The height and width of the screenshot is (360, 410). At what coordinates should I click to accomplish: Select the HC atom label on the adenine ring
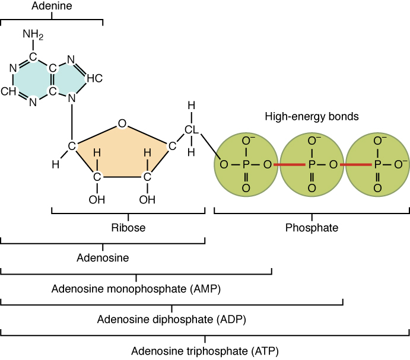pyautogui.click(x=94, y=78)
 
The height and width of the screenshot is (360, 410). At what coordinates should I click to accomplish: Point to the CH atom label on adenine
pyautogui.click(x=8, y=92)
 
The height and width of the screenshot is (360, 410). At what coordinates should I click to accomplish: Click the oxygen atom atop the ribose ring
pyautogui.click(x=122, y=123)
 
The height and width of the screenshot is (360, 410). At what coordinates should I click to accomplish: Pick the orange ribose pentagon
pyautogui.click(x=122, y=154)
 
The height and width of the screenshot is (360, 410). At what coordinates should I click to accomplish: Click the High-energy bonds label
pyautogui.click(x=312, y=117)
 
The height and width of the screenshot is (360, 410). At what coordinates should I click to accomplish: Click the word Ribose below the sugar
pyautogui.click(x=128, y=228)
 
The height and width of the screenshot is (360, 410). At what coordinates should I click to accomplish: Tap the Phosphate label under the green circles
pyautogui.click(x=312, y=228)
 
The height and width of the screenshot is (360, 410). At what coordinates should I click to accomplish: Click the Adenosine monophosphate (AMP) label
pyautogui.click(x=136, y=289)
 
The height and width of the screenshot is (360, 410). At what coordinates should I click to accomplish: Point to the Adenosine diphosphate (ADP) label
pyautogui.click(x=171, y=319)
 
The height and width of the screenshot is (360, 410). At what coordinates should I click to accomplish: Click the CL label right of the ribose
pyautogui.click(x=191, y=130)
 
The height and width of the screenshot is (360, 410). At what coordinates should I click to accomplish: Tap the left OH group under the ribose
pyautogui.click(x=97, y=199)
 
